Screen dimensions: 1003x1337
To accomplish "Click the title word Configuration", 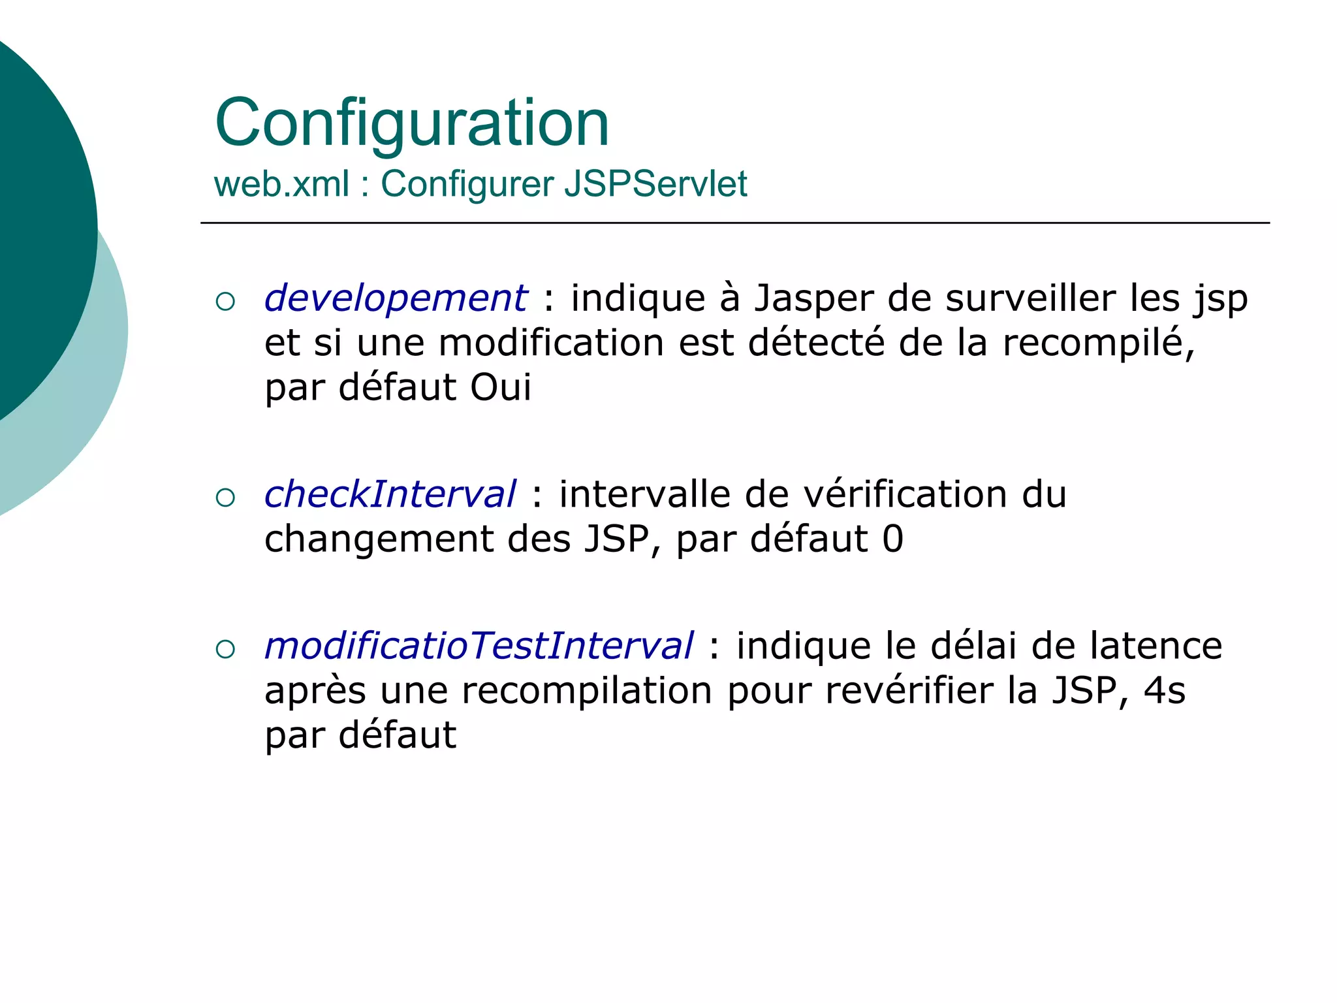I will (x=412, y=123).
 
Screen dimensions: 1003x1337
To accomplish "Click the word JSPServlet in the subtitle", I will (x=655, y=183).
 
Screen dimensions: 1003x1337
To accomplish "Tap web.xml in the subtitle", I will (x=281, y=183).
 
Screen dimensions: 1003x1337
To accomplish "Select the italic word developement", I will (x=395, y=298).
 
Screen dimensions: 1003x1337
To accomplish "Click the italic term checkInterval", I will (x=390, y=494).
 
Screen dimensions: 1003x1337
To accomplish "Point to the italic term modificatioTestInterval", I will (x=479, y=646).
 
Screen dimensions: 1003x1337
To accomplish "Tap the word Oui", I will (x=501, y=387).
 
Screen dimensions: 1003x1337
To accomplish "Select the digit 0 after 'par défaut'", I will (x=892, y=539).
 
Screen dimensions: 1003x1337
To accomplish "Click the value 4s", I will (x=1164, y=691).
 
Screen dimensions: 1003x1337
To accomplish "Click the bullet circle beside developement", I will (x=225, y=302).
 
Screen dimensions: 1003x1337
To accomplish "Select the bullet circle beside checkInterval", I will (x=225, y=498).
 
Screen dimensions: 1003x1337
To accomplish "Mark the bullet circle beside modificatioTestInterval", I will (x=225, y=649).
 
